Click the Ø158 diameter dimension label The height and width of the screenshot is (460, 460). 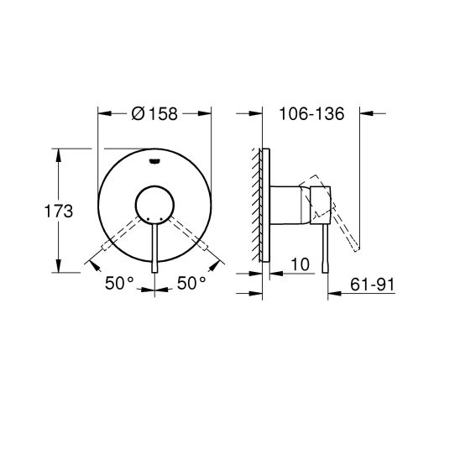[x=154, y=113]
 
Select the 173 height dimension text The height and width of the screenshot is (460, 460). [x=59, y=212]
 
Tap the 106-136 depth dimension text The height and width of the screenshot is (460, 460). [x=311, y=113]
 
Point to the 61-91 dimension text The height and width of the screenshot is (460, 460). [x=373, y=285]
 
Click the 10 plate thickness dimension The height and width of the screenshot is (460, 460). [x=301, y=264]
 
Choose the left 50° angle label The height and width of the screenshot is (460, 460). [x=119, y=283]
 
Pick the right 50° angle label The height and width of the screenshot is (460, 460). [x=191, y=283]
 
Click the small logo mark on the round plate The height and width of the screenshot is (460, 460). [x=154, y=161]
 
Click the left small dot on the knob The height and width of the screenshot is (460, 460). [x=148, y=219]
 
